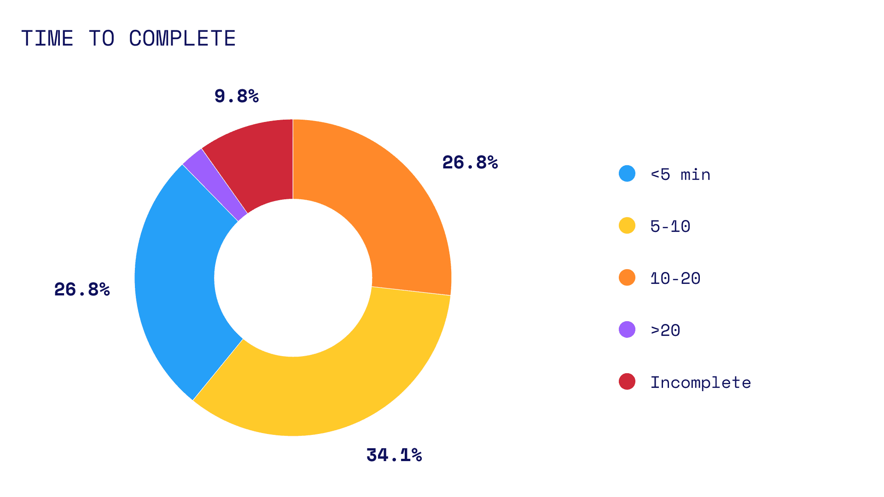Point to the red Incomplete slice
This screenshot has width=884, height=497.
258,161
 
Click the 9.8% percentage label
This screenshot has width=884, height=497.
237,96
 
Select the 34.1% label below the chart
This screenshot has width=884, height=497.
394,455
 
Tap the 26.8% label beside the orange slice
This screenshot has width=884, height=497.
470,162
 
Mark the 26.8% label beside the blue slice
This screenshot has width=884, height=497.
82,289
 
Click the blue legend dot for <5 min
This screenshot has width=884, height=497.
627,173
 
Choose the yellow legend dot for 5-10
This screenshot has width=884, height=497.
627,225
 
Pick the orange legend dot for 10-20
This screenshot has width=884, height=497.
627,277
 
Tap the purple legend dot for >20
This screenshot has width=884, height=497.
627,329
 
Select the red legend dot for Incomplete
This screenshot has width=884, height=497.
627,381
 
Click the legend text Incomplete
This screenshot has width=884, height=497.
700,382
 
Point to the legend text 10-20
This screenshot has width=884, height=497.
675,278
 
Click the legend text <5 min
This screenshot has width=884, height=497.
680,174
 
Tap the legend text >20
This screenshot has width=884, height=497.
665,330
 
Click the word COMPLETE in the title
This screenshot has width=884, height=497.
182,38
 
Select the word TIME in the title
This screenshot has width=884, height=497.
47,38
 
